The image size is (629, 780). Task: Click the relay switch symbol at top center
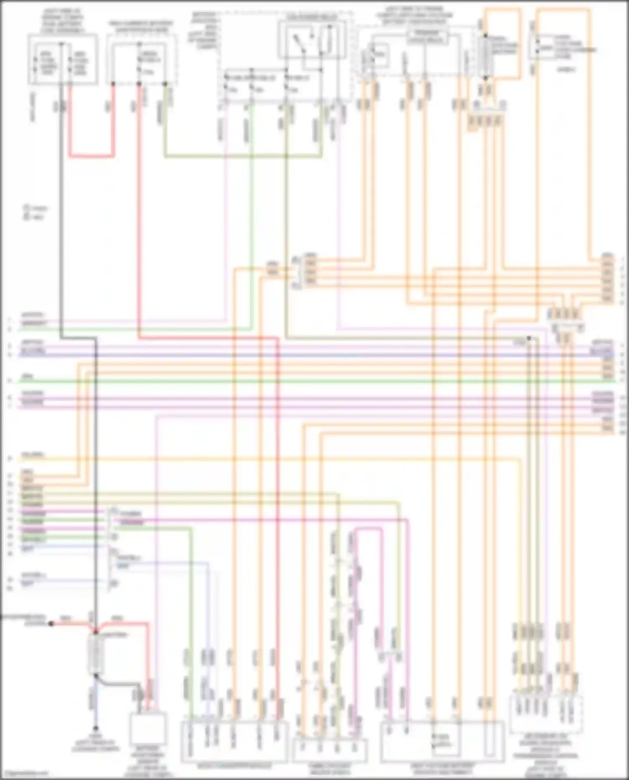pos(312,40)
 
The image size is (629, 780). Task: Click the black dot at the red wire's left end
pos(51,624)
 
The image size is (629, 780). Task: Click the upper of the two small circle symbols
pos(26,208)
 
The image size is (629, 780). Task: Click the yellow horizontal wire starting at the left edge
pos(252,459)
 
